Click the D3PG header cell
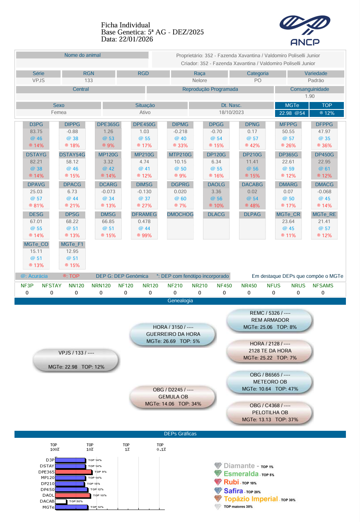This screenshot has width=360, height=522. coord(36,124)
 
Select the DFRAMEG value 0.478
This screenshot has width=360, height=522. coord(144,221)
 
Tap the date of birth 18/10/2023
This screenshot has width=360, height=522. coord(231,112)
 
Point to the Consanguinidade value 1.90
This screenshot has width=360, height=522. coord(309,96)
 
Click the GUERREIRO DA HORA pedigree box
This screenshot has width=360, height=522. coord(173,334)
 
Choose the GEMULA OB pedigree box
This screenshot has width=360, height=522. coord(173,397)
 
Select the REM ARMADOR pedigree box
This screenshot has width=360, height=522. coord(270,320)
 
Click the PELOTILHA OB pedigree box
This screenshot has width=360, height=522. coord(270,413)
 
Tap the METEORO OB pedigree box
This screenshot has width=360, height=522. coord(270,381)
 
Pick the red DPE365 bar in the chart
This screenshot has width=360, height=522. coord(74,472)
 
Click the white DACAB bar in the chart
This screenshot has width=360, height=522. coord(61,501)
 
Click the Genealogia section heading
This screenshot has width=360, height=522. coord(180,301)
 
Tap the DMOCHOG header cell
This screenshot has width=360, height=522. coord(180,214)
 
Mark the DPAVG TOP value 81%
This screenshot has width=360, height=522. coord(36,206)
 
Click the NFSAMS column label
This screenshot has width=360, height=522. coord(323,286)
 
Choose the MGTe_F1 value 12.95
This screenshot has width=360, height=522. coord(72,251)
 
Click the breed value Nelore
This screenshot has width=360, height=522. coord(200,80)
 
